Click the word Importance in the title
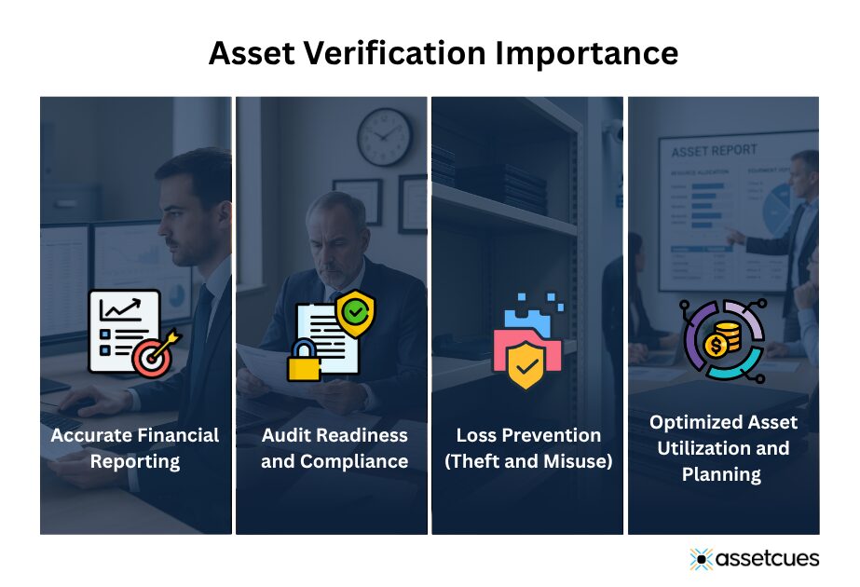coord(586,53)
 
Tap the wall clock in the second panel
coord(384,137)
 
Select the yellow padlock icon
coord(304,363)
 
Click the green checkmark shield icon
coord(354,313)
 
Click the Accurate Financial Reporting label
coord(135,448)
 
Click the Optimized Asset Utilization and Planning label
coord(723,448)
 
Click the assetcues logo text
coord(768,558)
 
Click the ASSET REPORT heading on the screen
coord(709,152)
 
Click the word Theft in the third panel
coord(491,461)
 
